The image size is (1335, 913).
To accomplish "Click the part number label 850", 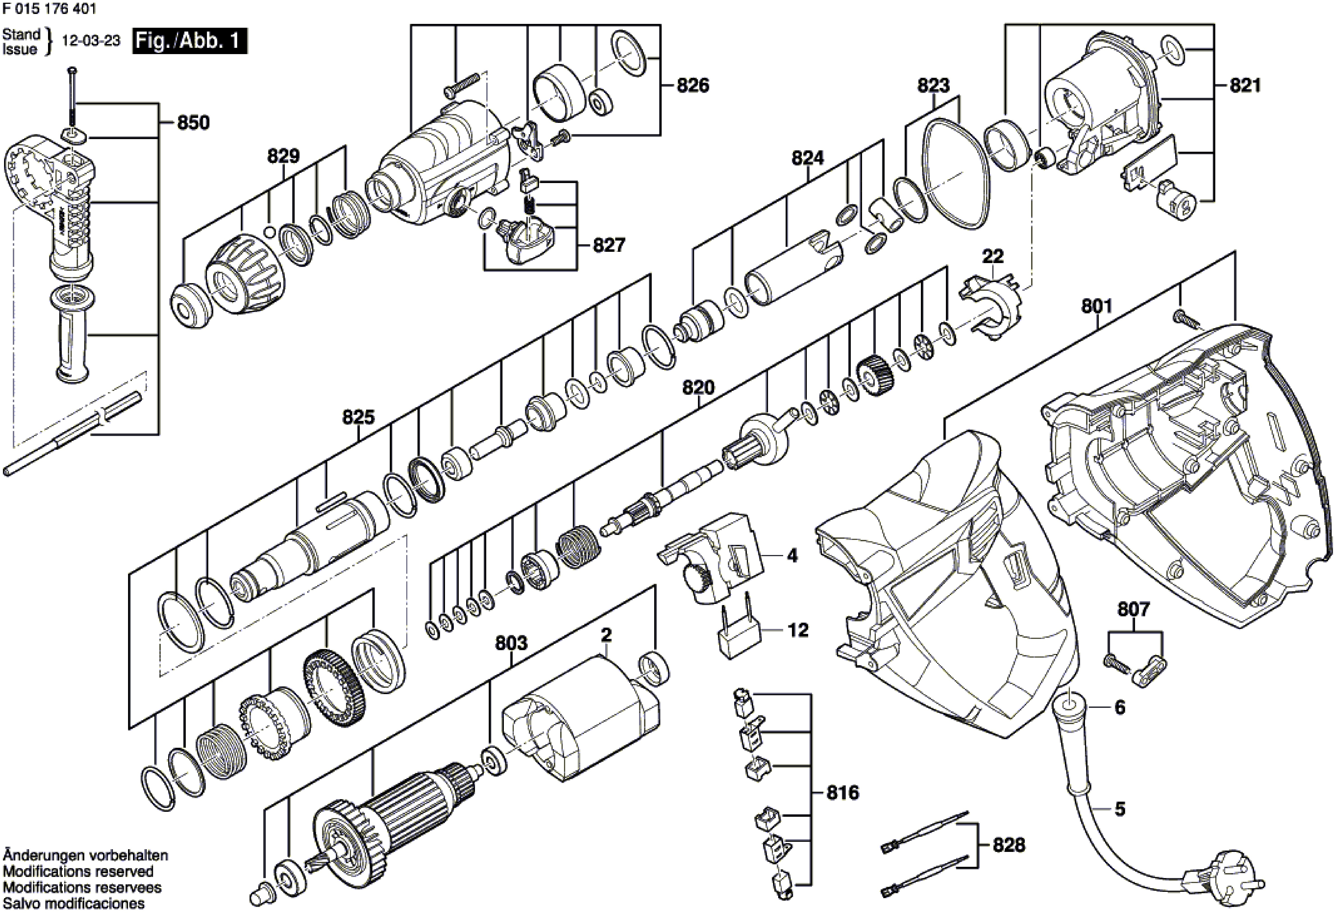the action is click(x=193, y=123).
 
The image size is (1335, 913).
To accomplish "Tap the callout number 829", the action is click(x=284, y=156).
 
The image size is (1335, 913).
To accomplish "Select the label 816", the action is click(x=843, y=793).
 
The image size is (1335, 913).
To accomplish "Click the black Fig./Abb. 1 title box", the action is click(x=190, y=42).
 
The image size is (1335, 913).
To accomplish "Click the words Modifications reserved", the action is click(x=78, y=872).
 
